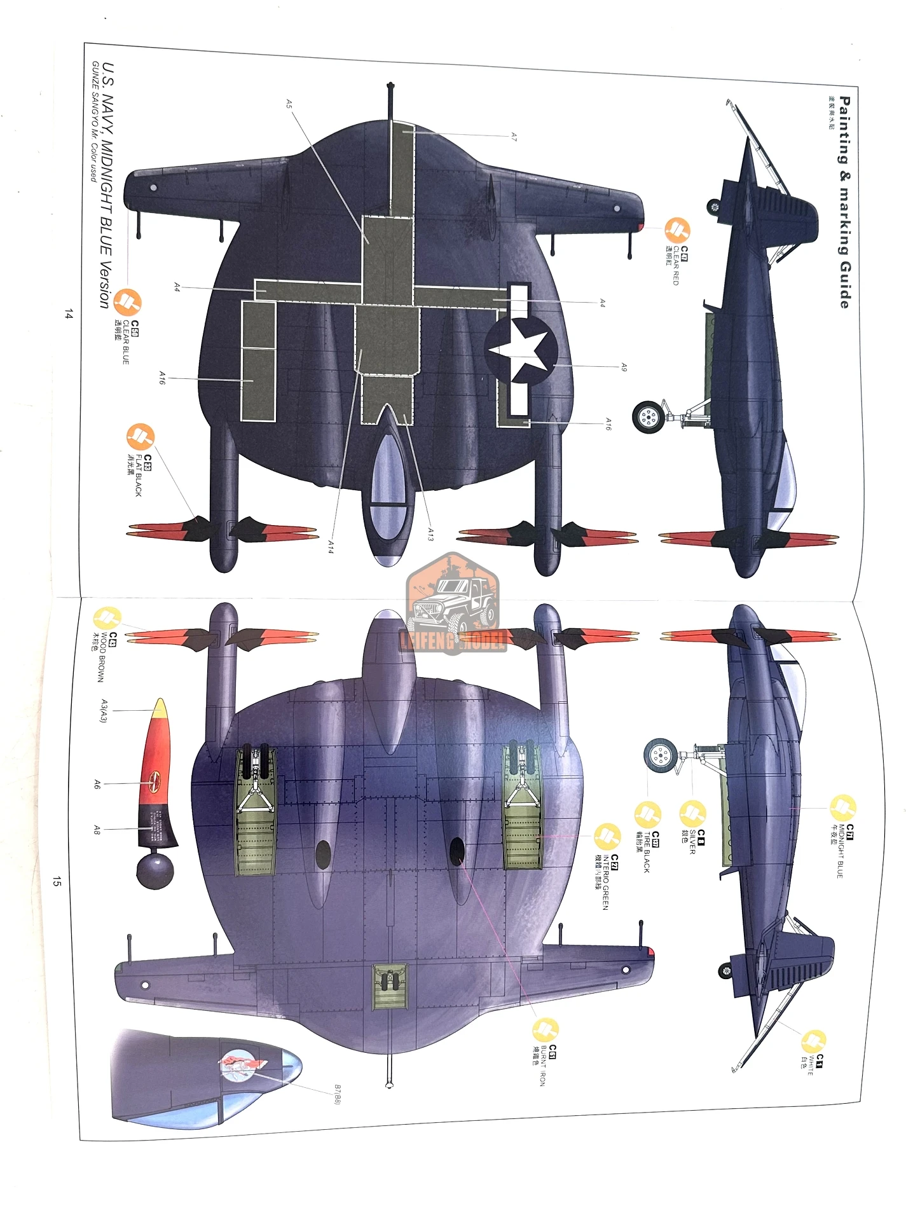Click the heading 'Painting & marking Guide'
[x=844, y=202]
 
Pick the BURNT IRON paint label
[x=542, y=1064]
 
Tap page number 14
[x=69, y=314]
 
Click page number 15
[x=57, y=881]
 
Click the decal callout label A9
[x=624, y=367]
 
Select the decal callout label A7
[x=514, y=136]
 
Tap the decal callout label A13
[x=430, y=534]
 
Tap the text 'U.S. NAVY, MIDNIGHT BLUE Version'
[x=107, y=185]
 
